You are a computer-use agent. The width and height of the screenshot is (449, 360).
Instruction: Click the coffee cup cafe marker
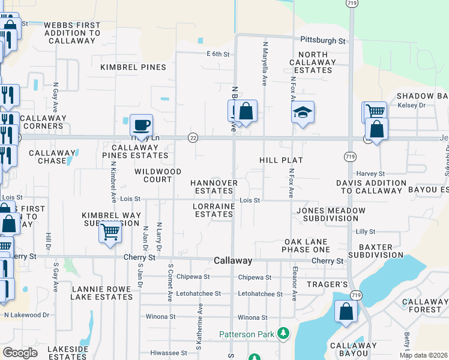(x=141, y=125)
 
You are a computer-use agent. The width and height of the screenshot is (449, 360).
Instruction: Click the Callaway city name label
(x=233, y=261)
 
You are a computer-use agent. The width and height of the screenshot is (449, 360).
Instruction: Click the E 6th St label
(x=218, y=54)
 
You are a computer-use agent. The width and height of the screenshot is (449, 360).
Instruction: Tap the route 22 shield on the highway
(x=193, y=137)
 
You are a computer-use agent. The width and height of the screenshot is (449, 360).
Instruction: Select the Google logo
(x=20, y=353)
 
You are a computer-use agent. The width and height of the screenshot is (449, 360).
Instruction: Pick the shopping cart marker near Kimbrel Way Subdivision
(x=110, y=231)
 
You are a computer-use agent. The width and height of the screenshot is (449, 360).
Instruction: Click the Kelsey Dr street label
(x=411, y=105)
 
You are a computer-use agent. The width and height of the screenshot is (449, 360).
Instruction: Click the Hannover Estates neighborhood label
(x=214, y=187)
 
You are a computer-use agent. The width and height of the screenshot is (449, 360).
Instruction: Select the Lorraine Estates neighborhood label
(x=213, y=210)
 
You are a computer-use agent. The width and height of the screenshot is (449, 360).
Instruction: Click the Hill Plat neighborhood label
(x=281, y=160)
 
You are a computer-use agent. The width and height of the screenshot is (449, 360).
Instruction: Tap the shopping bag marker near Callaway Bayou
(x=346, y=311)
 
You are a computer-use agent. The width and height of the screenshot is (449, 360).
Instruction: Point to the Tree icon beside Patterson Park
(x=283, y=333)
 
